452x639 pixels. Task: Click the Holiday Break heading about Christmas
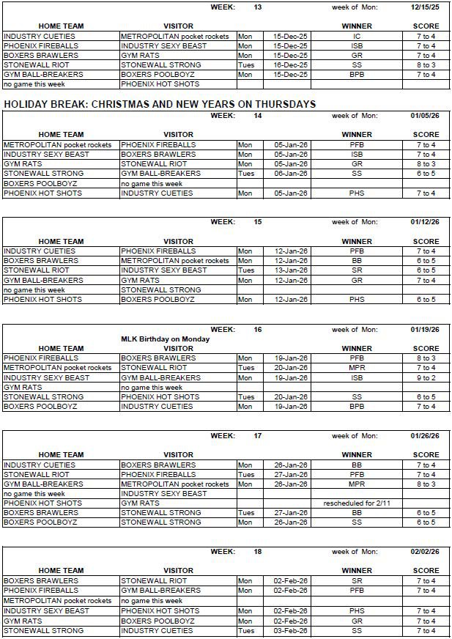click(x=160, y=104)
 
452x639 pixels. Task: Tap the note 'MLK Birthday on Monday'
click(x=165, y=339)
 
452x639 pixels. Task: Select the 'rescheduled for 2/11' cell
click(x=357, y=503)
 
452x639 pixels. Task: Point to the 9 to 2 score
click(x=426, y=377)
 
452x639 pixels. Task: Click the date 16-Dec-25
click(x=290, y=64)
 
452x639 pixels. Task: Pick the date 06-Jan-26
click(x=290, y=174)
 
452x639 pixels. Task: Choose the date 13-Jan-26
click(x=290, y=270)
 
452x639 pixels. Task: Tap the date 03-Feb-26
click(x=290, y=630)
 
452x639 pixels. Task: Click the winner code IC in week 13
click(x=357, y=36)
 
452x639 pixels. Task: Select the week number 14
click(x=257, y=116)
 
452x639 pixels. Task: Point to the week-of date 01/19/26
click(x=425, y=330)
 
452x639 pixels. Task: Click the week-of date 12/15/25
click(x=425, y=7)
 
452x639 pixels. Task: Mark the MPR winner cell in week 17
click(x=357, y=484)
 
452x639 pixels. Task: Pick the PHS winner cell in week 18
click(x=357, y=610)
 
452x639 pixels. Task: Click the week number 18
click(x=257, y=551)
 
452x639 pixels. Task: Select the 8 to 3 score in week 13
click(x=426, y=64)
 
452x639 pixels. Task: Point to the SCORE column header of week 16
click(x=426, y=348)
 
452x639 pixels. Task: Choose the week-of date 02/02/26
click(x=425, y=551)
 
